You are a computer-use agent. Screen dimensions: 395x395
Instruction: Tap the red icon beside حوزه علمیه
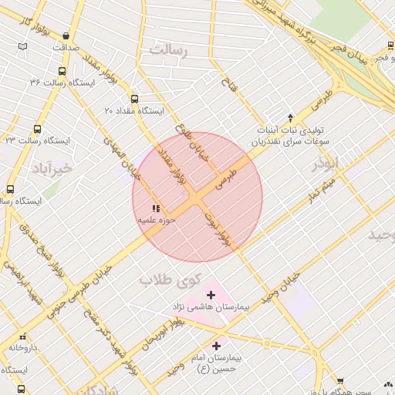pos(156,208)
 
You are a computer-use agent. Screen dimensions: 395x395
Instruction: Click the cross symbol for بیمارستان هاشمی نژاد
pos(211,295)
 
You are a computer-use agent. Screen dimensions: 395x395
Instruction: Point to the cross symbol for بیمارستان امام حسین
pos(216,346)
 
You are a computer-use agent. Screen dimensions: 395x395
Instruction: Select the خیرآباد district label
pos(52,167)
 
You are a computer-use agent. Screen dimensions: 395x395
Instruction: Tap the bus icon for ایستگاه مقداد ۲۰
pos(135,99)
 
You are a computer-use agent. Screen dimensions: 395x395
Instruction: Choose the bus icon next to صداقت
pos(66,35)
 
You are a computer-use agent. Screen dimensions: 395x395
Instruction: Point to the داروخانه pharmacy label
pos(23,348)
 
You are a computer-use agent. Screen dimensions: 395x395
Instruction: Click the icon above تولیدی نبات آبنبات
pos(290,117)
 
